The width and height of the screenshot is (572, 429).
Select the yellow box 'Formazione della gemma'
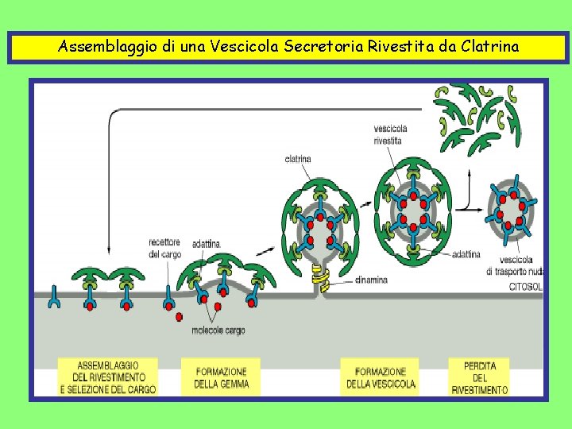click(x=221, y=377)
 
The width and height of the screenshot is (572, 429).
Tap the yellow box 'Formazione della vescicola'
click(x=381, y=377)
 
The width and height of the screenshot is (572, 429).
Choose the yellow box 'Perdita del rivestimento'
click(x=479, y=377)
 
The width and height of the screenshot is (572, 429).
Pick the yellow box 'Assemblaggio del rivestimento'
click(x=108, y=377)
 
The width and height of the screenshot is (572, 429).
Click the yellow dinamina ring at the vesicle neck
click(x=320, y=276)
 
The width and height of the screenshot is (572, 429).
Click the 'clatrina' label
click(x=297, y=159)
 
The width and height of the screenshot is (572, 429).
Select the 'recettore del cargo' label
click(x=164, y=248)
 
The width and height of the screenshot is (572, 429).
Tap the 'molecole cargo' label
click(x=218, y=330)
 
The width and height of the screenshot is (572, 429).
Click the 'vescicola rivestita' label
click(x=390, y=134)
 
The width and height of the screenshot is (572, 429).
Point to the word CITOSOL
click(x=525, y=287)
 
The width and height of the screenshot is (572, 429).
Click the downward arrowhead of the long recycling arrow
click(x=108, y=252)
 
